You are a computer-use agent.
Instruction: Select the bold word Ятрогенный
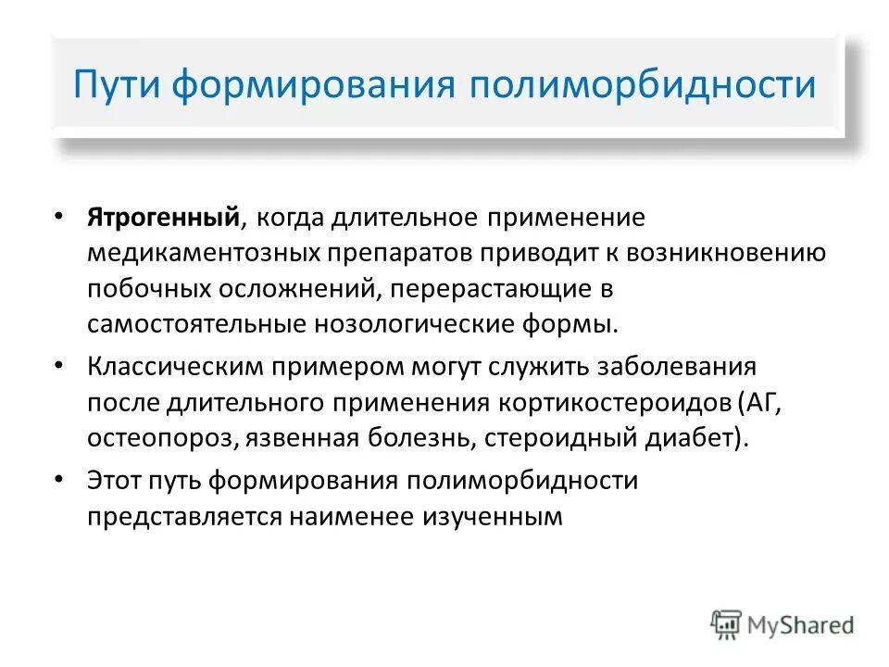(x=165, y=218)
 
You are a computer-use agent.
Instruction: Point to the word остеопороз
(x=163, y=438)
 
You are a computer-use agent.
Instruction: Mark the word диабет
(x=687, y=438)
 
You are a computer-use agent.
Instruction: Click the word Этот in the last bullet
(x=115, y=480)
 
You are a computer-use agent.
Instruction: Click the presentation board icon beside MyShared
(x=727, y=624)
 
